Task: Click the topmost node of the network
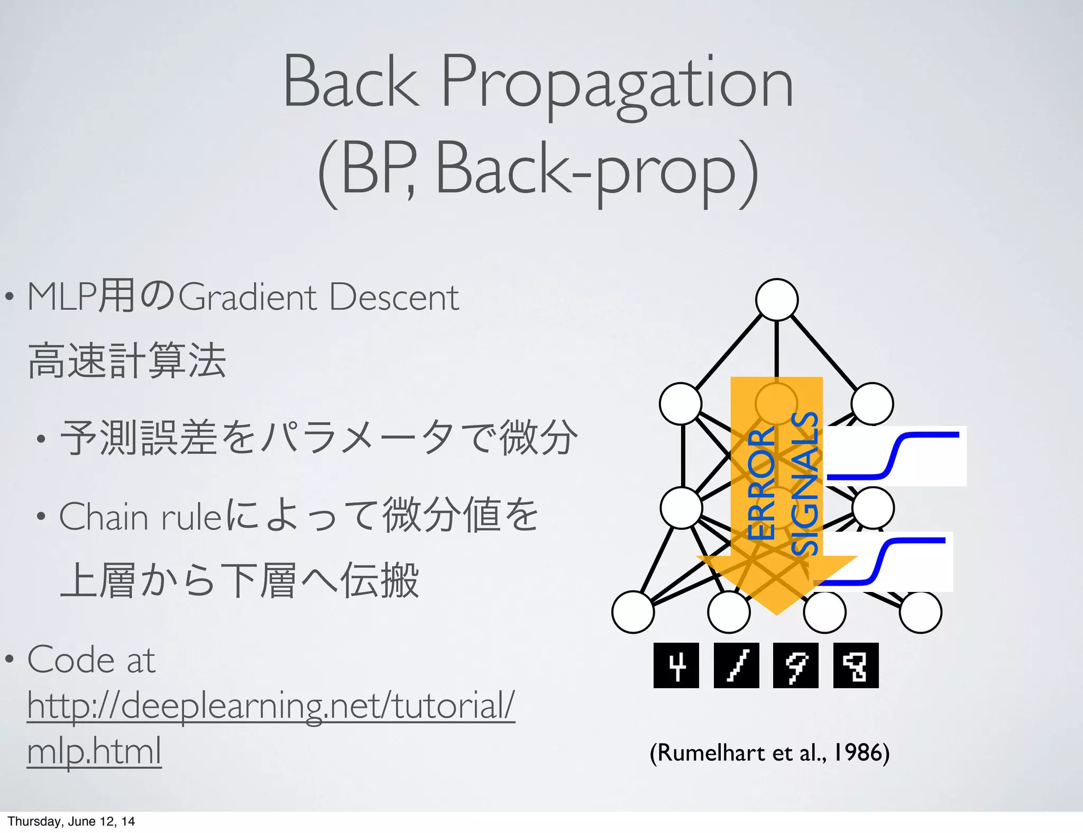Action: coord(776,300)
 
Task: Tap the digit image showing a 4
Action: coord(676,665)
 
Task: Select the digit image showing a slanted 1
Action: coord(736,665)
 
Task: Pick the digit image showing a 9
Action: coord(795,665)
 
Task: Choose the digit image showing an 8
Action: coord(856,665)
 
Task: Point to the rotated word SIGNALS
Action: coord(805,484)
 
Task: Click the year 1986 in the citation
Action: coord(858,752)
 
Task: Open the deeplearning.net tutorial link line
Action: coord(271,706)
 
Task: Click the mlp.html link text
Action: coord(94,751)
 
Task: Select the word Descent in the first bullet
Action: coord(394,297)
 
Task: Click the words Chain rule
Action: coord(140,516)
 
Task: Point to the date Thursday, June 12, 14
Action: coord(71,821)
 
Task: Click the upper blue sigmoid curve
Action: coord(894,456)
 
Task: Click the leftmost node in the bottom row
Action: coord(633,612)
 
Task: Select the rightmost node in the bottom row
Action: coord(920,612)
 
